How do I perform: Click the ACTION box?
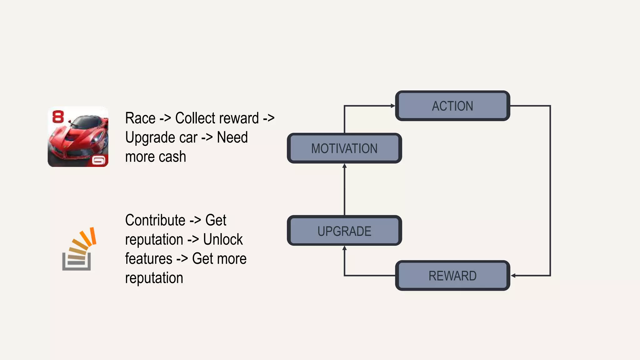click(x=452, y=106)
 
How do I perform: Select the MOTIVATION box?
click(x=344, y=148)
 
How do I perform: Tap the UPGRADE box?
click(x=344, y=231)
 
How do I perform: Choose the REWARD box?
click(x=452, y=276)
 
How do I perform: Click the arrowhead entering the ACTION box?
click(x=393, y=106)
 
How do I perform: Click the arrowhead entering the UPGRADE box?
click(x=344, y=248)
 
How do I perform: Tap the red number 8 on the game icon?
click(x=58, y=117)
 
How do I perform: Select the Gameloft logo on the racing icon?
click(x=99, y=161)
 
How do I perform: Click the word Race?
click(x=140, y=118)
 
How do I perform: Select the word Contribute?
click(x=155, y=220)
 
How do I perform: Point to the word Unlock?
click(x=223, y=240)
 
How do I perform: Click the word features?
click(x=149, y=259)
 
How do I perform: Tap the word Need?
click(x=232, y=137)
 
